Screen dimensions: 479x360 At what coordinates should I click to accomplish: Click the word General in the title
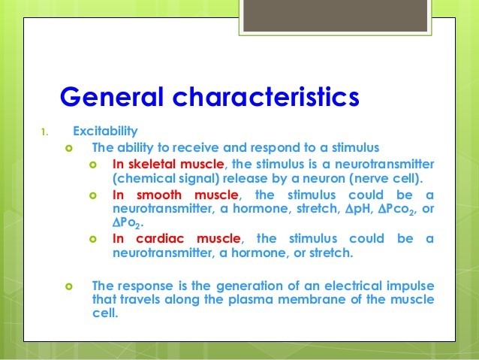coord(112,97)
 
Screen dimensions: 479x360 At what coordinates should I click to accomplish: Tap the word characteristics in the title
coord(266,97)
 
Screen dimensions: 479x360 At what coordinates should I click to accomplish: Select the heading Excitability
coord(105,132)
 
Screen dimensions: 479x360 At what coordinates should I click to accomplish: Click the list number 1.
coord(44,132)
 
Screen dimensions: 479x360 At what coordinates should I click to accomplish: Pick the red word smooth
coord(159,195)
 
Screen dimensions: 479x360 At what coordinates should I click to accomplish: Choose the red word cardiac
coord(160,238)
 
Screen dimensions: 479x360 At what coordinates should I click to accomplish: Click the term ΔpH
coord(359,209)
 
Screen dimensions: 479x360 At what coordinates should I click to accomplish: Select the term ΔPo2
coord(127,223)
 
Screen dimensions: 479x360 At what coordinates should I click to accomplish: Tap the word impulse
coord(410,286)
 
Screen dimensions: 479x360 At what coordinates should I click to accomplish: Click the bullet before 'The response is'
coord(69,286)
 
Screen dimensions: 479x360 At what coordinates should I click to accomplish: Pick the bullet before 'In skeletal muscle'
coord(93,165)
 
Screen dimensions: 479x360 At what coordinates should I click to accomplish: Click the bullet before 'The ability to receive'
coord(69,149)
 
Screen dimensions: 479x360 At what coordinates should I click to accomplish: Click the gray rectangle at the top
coord(335,16)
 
